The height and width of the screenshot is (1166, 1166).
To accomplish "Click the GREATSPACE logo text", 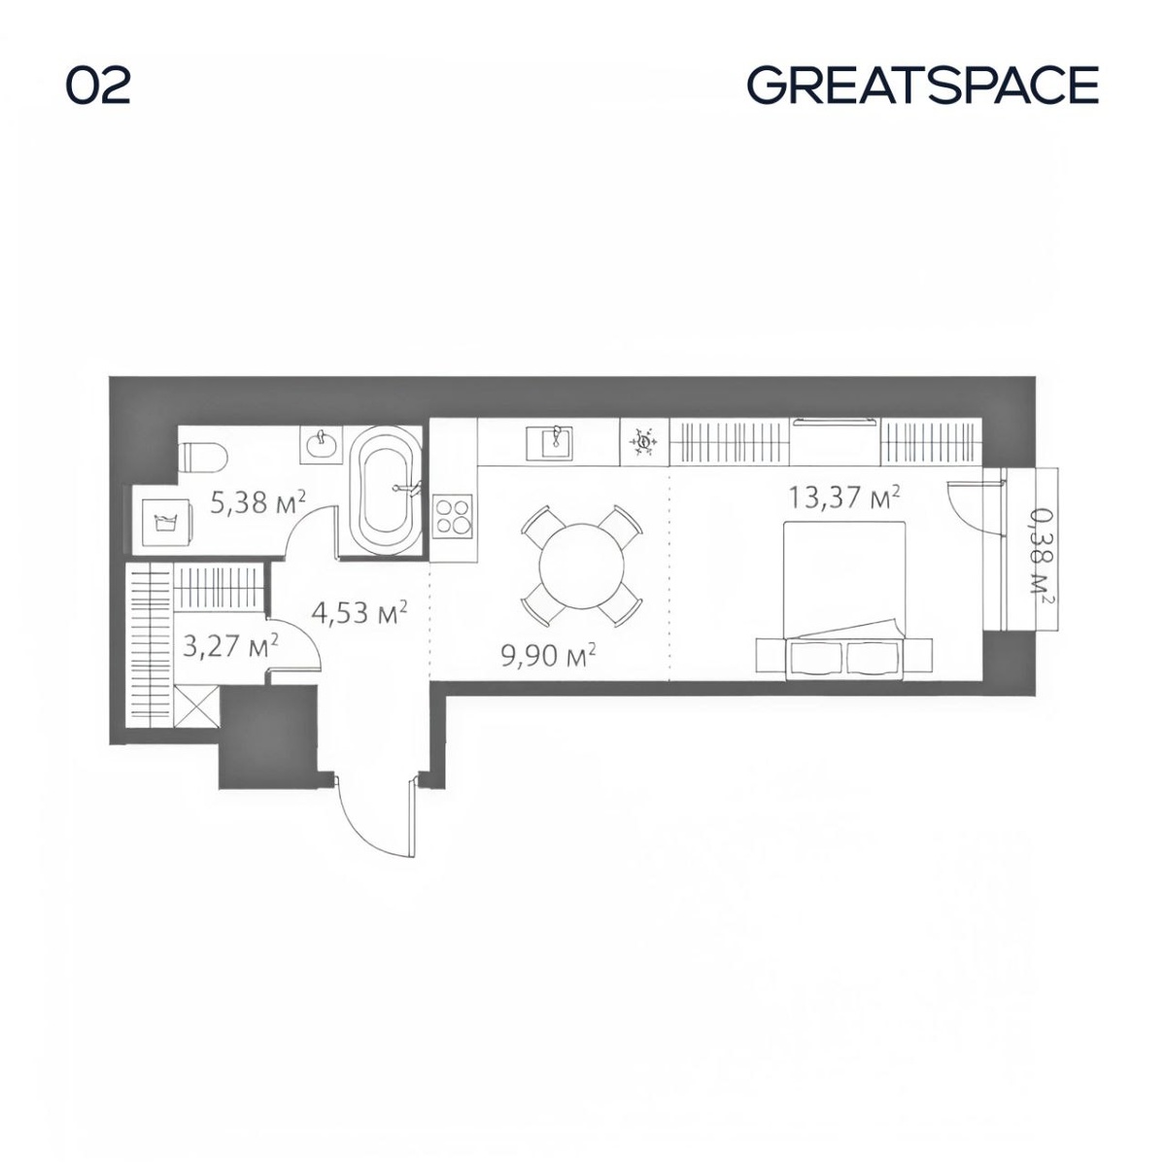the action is pos(922,86).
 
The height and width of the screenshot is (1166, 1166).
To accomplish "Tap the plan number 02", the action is pos(98,86).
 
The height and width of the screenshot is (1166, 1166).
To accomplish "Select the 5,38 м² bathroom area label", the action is pos(257,501).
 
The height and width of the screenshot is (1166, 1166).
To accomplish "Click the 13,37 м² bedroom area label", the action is pos(844,497).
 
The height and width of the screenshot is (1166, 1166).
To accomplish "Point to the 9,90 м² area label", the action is pos(548,655).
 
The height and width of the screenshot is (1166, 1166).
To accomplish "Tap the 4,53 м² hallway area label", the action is pos(359,612).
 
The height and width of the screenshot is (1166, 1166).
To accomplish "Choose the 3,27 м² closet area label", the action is pos(230,645).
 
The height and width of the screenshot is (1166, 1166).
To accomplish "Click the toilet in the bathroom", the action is pos(203,457).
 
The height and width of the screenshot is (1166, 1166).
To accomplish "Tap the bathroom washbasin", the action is pos(322,445).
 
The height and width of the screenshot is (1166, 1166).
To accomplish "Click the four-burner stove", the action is pos(453,516).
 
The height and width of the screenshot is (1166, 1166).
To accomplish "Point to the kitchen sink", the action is pos(556,442).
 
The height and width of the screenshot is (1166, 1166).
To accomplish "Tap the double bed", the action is pos(844,600).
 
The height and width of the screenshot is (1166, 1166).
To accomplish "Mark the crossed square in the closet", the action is pos(196,705).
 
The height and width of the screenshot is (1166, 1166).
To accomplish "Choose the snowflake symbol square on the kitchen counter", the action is pos(644,442).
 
